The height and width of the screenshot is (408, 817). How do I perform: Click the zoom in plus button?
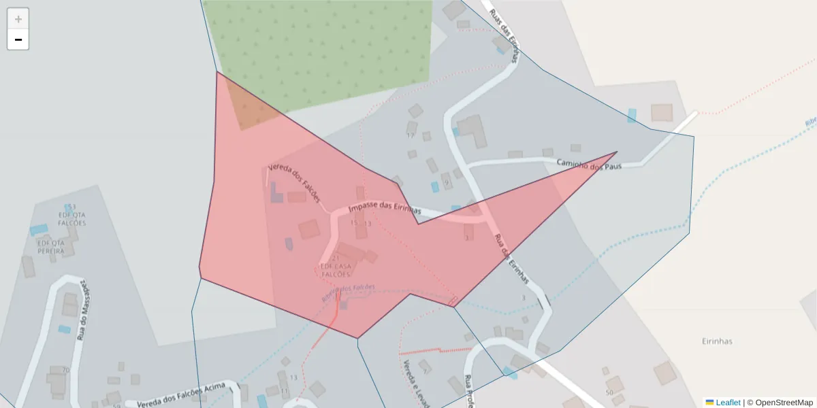tap(18, 19)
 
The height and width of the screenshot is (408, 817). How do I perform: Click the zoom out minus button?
tap(18, 39)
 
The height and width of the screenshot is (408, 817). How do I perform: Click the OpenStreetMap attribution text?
tap(784, 403)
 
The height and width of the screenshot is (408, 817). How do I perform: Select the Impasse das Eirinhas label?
tap(384, 210)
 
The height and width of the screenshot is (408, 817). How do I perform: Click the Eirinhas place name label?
tap(717, 341)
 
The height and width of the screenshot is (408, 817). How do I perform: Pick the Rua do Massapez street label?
tap(83, 309)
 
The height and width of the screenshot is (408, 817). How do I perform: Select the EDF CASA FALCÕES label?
tap(336, 270)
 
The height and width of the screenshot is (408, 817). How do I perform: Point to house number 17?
tap(410, 136)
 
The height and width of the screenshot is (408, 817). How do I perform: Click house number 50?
tap(609, 393)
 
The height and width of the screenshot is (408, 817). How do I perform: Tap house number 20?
tap(65, 370)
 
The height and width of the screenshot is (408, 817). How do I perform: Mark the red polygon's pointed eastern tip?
tap(615, 152)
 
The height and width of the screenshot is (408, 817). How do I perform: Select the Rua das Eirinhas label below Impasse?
tap(511, 259)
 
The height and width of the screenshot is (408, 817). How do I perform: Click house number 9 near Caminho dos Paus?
tap(446, 183)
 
